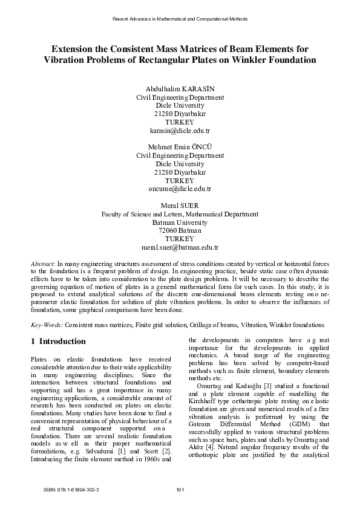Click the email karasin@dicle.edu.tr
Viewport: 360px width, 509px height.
(180, 130)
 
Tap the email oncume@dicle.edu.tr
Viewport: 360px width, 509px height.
(180, 189)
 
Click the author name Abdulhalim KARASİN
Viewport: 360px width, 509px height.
(180, 88)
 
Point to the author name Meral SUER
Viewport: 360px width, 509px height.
(180, 206)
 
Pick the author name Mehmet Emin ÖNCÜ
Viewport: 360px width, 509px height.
(180, 147)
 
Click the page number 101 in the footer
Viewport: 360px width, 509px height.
(180, 490)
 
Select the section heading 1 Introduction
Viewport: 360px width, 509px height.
(58, 342)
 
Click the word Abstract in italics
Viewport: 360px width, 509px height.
(43, 264)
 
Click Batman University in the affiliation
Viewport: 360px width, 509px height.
(180, 222)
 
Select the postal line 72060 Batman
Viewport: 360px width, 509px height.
(180, 231)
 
